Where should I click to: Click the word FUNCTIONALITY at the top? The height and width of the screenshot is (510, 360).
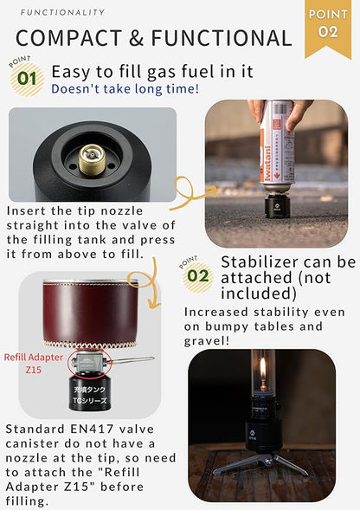(x=62, y=12)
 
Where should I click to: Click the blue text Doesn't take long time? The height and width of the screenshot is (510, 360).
(x=125, y=88)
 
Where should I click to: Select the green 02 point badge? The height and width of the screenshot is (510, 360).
(x=199, y=276)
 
